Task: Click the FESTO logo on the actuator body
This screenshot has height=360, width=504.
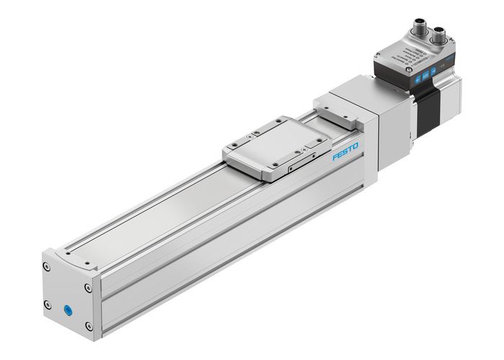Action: (x=346, y=153)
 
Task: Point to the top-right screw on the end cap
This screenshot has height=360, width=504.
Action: (x=88, y=288)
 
